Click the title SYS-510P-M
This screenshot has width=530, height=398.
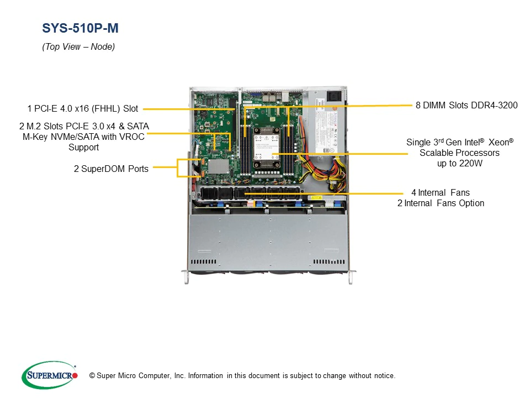[80, 28]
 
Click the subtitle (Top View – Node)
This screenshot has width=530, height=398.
[78, 47]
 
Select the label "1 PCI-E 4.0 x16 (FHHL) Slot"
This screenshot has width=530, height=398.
[83, 109]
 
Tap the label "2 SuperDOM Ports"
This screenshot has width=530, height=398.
[111, 169]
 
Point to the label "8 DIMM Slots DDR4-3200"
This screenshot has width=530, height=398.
[467, 105]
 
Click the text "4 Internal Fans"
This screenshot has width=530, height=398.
[440, 193]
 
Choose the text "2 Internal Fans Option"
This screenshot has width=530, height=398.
[441, 203]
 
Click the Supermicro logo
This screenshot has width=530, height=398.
[49, 375]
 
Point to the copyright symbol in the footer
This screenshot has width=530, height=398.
[84, 376]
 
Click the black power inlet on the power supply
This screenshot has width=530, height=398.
[335, 96]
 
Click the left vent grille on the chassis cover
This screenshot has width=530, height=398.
[204, 261]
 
